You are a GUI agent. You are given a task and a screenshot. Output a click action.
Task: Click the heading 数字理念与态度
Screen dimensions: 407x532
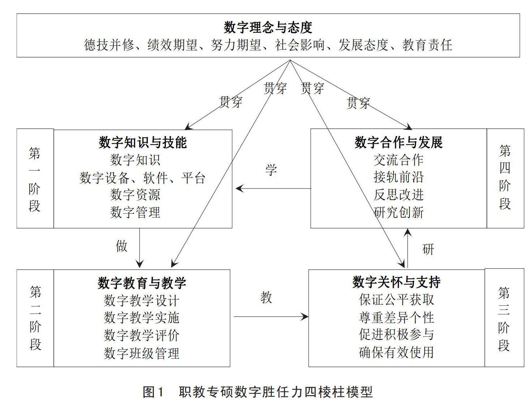coord(268,27)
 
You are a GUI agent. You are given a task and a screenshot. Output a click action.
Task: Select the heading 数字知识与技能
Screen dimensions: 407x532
coord(142,143)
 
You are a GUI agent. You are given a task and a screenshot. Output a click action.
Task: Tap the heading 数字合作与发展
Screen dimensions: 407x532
coord(398,143)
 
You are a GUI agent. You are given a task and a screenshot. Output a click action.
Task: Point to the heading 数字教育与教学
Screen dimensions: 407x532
coord(142,283)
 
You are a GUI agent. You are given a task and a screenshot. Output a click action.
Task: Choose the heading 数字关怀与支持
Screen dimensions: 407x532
coord(396,282)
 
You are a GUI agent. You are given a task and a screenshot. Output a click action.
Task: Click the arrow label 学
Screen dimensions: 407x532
coord(271,170)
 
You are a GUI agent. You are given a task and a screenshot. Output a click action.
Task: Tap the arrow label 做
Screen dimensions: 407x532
coord(122,246)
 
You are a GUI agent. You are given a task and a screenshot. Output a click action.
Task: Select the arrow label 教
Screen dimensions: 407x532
coord(266,297)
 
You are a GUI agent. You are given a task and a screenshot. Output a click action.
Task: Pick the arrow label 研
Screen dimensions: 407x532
coord(428,249)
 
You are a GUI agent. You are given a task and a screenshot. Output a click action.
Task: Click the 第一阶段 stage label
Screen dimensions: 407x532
coord(35,179)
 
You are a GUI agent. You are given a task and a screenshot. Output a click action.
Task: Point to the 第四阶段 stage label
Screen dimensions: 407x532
coord(505,177)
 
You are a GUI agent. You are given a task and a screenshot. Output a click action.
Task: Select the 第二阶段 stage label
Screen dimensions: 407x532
coord(35,318)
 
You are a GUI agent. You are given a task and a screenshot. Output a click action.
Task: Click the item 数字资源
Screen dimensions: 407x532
coord(135,195)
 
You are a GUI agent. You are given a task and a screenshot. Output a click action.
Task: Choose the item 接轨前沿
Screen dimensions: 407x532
coord(398,177)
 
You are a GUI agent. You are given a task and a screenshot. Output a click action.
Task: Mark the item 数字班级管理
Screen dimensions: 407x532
coord(142,353)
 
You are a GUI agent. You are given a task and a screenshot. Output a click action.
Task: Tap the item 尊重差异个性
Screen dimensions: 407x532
coord(396,318)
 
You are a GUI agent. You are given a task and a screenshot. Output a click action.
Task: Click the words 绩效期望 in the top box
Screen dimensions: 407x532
coord(172,45)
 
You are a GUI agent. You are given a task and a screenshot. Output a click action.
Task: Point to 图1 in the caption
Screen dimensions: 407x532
coord(154,392)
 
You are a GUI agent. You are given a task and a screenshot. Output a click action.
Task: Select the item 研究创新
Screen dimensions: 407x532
coord(398,212)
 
